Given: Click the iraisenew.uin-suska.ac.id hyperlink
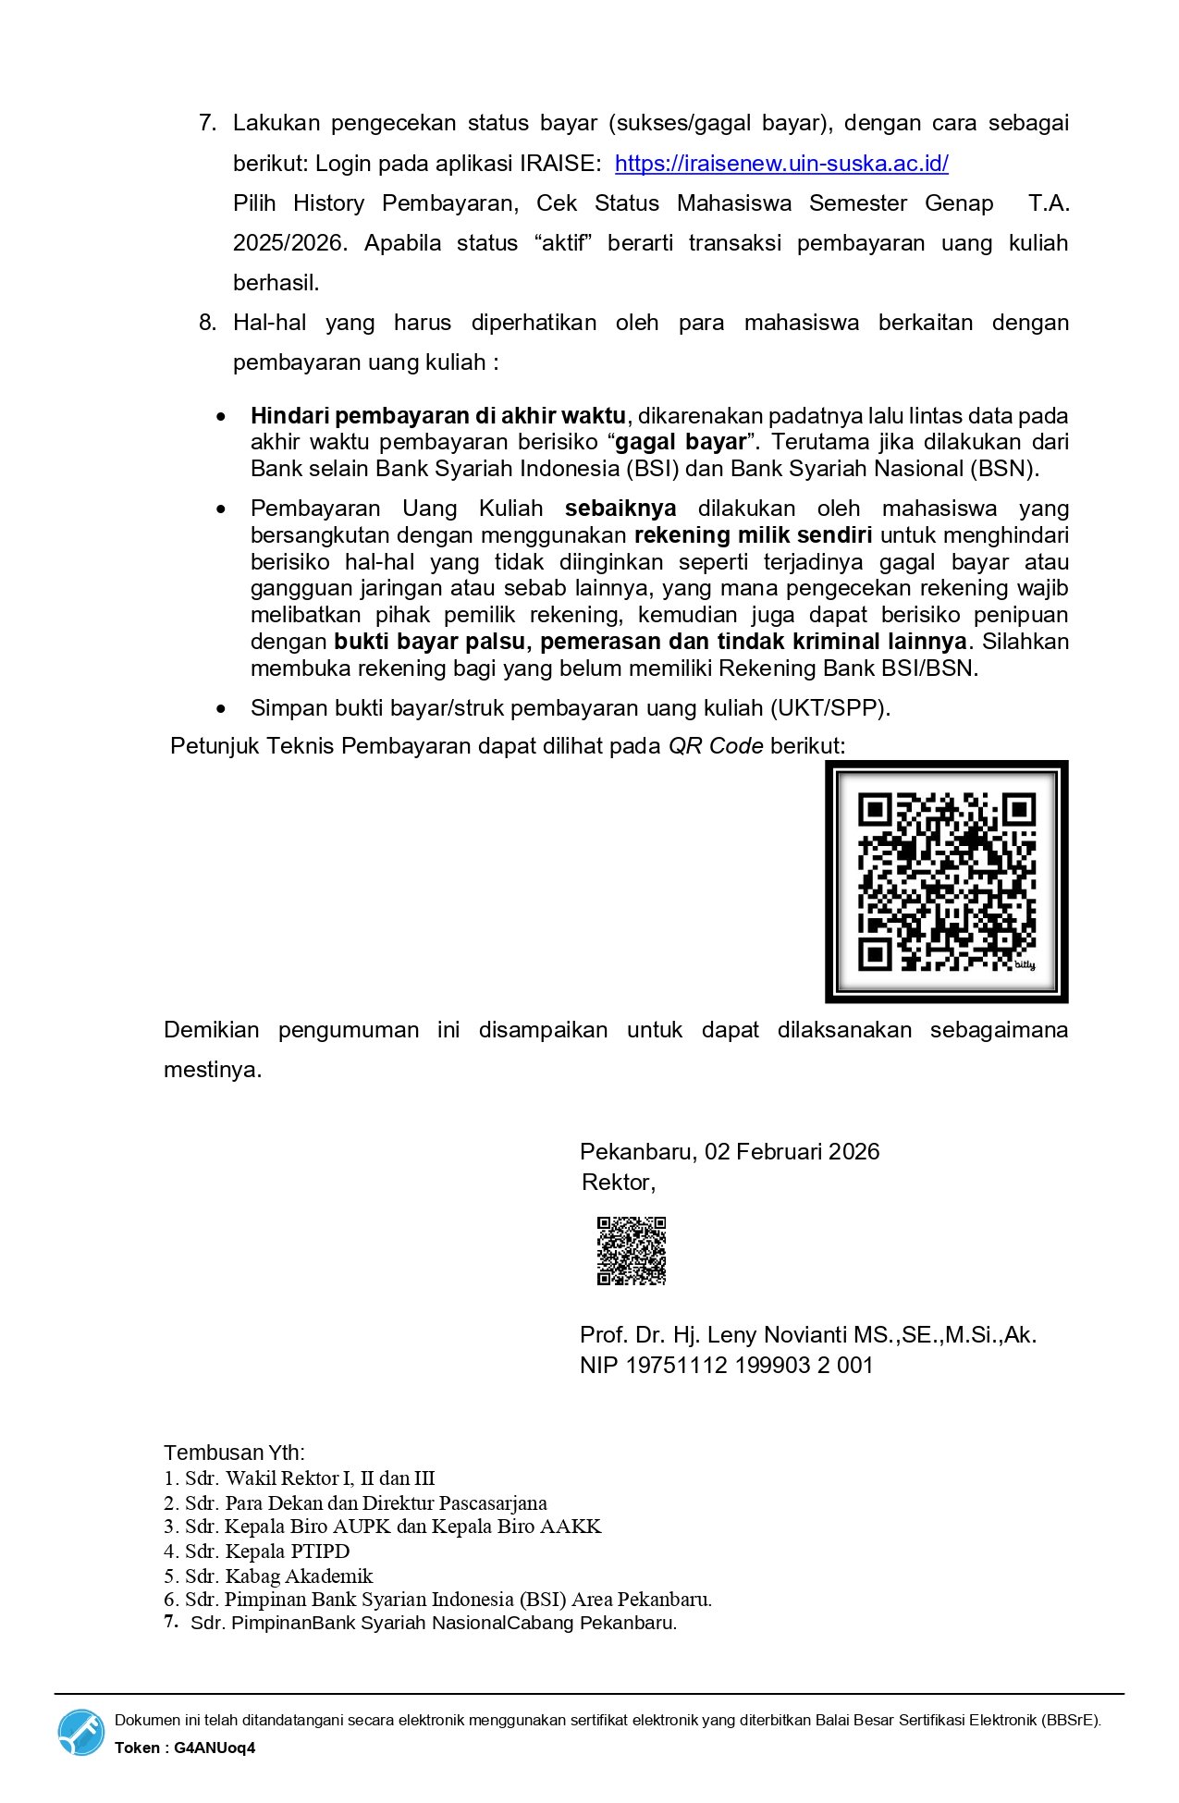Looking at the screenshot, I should tap(781, 164).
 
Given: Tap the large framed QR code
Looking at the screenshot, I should tap(946, 881).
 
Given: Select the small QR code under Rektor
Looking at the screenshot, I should tap(631, 1251).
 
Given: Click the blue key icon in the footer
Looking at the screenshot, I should tap(81, 1732).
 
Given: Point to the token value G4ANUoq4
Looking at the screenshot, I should tap(215, 1748).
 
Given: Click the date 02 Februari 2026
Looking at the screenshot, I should tap(792, 1151).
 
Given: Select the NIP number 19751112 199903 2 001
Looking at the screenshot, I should tap(749, 1366).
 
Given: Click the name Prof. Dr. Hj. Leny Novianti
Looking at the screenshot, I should tap(712, 1335).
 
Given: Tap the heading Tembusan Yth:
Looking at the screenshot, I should tap(234, 1453).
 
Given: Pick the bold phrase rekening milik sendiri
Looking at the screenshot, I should tap(753, 535).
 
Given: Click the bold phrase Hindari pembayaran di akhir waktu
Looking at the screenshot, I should tap(438, 416).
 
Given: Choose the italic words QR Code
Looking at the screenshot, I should tap(716, 746).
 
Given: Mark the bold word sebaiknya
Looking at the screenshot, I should tap(620, 509).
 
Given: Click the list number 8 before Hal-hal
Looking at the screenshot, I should tap(207, 323).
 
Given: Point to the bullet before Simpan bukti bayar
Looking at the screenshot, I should tap(220, 709).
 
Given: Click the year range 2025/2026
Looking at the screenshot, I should tap(289, 243).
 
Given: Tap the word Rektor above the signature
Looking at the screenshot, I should tap(618, 1183).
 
